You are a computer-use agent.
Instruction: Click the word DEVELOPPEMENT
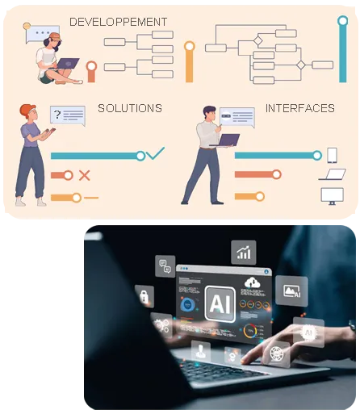point(118,22)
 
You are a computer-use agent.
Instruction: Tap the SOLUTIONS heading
point(130,108)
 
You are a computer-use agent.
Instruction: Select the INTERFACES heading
point(300,108)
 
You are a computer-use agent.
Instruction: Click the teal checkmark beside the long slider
point(155,153)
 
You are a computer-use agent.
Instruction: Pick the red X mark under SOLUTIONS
point(85,175)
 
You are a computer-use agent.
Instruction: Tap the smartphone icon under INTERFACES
point(332,155)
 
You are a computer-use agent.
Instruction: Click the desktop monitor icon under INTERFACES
point(332,196)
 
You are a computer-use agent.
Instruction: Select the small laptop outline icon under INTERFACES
point(332,174)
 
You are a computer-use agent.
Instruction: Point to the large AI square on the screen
point(220,304)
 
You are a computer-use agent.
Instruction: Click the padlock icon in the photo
point(144,296)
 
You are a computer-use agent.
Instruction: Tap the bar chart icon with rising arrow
point(244,253)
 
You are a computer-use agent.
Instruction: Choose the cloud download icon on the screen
point(253,282)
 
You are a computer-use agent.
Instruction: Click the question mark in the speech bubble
point(57,115)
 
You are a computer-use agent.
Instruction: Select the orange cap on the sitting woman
point(55,36)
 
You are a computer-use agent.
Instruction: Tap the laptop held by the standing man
point(225,140)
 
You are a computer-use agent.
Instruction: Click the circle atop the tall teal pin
point(343,21)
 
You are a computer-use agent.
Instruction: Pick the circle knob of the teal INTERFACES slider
point(317,155)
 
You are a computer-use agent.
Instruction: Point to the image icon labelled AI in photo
point(291,291)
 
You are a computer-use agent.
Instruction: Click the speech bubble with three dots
point(42,33)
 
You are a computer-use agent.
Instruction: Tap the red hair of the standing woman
point(27,110)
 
